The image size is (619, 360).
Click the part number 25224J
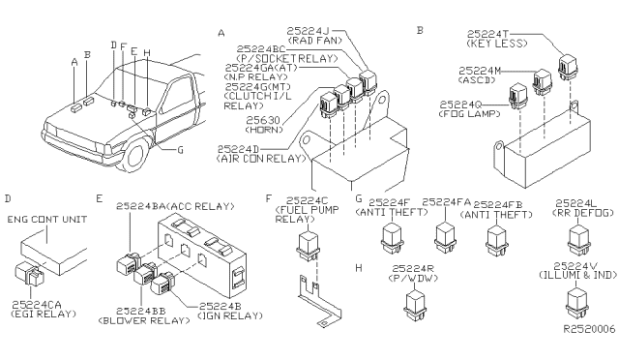tap(308, 31)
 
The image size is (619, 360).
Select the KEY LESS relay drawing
tap(568, 66)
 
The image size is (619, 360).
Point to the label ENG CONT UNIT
tap(47, 220)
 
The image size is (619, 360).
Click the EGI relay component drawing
tap(29, 273)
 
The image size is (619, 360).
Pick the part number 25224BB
tap(140, 311)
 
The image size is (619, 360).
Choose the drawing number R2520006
tap(589, 329)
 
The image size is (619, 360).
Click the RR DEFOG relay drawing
tap(578, 239)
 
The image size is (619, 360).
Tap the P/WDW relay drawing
tap(415, 304)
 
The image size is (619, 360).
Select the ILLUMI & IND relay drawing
tap(578, 303)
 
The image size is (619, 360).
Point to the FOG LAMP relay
tap(516, 96)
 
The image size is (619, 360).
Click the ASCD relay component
tap(542, 81)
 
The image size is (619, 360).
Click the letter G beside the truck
tap(181, 150)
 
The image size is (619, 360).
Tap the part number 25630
tap(263, 120)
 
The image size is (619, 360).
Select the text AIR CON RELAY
tap(261, 159)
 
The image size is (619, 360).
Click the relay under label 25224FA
tap(445, 236)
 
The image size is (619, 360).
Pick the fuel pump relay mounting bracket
tap(318, 301)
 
